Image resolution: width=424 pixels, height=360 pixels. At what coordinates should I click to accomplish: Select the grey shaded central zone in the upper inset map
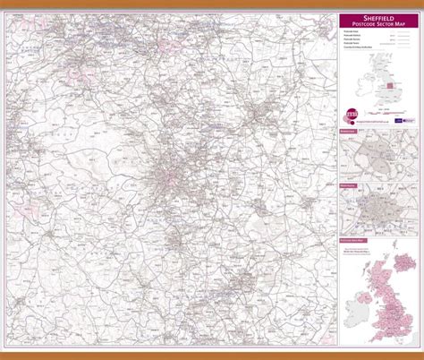tap(379, 154)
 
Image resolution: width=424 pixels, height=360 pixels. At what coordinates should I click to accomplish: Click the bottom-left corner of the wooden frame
tap(3, 356)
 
